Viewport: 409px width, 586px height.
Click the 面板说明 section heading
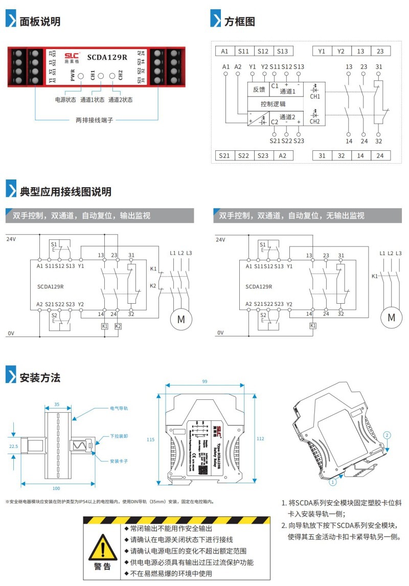coord(40,21)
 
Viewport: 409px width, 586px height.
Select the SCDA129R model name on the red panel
coord(107,57)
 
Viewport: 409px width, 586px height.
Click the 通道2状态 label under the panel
coord(120,100)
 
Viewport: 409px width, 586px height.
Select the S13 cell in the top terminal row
coord(282,51)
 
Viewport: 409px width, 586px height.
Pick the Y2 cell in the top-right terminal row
coord(341,51)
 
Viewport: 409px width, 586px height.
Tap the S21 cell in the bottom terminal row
coord(224,155)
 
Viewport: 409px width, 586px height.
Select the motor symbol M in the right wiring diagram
coord(391,318)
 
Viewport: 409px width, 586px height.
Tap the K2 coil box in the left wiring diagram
coord(118,326)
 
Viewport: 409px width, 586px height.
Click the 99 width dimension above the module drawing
coord(204,382)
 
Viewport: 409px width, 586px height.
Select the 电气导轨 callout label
coord(119,409)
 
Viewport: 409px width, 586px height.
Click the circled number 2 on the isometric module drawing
coord(387,435)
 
